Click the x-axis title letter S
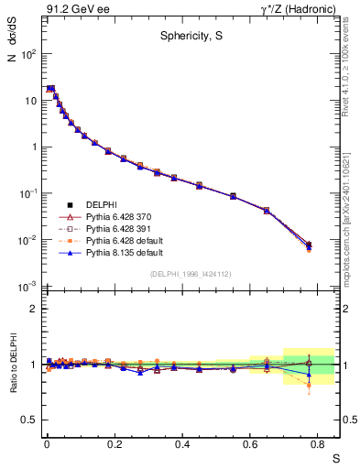[335, 459]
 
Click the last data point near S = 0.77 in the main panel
[309, 245]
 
